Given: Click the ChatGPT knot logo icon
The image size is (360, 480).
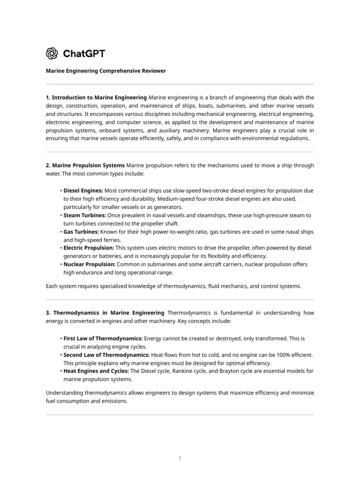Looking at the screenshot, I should [x=52, y=53].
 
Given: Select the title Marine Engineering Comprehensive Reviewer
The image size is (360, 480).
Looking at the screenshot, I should [x=105, y=71].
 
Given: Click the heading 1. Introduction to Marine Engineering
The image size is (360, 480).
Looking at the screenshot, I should [x=96, y=97].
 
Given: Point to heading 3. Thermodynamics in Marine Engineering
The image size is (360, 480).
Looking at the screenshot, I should [x=105, y=313].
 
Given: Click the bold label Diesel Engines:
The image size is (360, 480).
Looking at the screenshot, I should [x=83, y=191].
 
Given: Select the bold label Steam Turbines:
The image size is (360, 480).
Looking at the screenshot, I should [x=84, y=215].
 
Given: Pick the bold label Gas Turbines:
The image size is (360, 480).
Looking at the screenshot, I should [x=81, y=232].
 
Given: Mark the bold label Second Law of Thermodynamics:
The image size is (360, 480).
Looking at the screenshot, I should [x=106, y=355].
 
